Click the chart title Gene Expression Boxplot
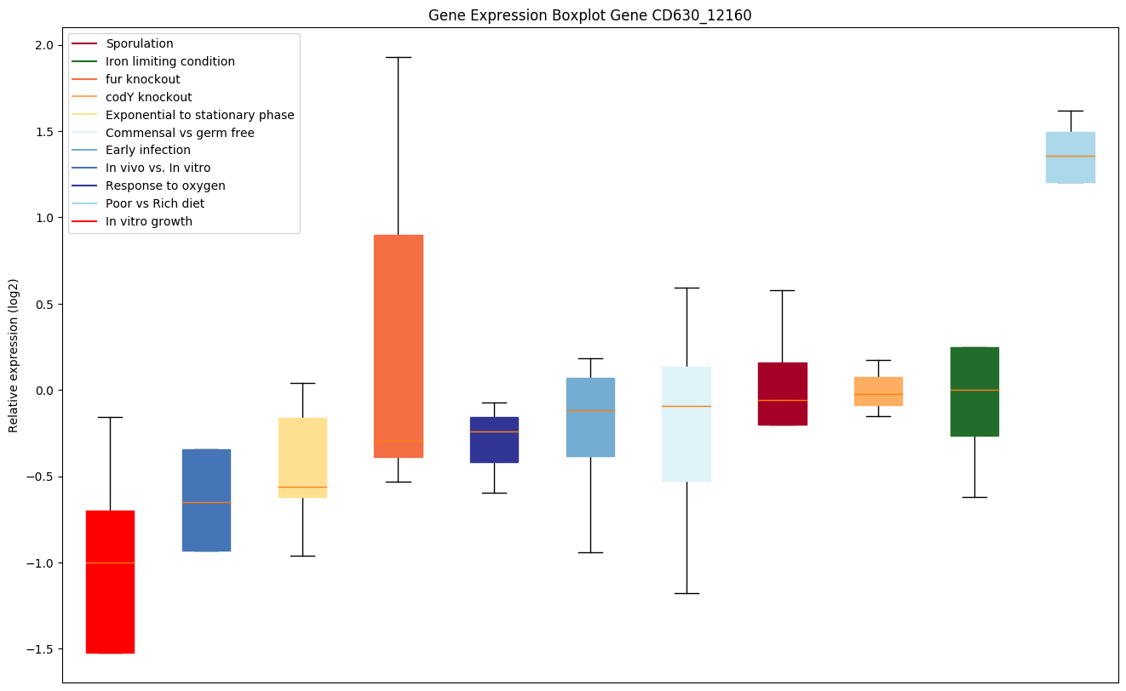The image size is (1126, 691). (589, 15)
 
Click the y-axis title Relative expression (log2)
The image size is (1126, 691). (14, 356)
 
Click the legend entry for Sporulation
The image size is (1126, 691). (140, 43)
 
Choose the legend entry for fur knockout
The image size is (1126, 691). (143, 79)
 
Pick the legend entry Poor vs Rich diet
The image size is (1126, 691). (155, 203)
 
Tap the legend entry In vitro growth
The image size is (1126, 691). (149, 221)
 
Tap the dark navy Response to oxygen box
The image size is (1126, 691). (495, 439)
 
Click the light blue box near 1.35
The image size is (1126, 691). (1070, 157)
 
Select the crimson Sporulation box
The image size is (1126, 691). (782, 393)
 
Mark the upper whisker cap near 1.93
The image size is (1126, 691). (399, 57)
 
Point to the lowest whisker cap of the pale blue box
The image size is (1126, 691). (687, 593)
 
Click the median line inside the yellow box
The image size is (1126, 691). (302, 487)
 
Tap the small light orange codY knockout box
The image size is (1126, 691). (878, 391)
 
